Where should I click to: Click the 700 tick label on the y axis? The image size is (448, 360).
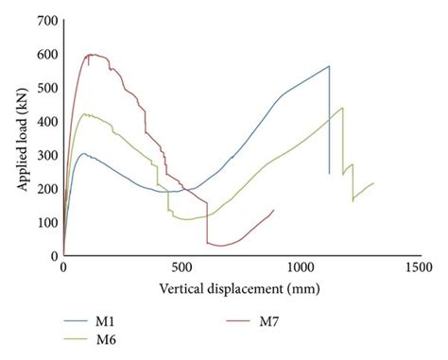click(48, 21)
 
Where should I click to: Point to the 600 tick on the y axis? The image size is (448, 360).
click(48, 54)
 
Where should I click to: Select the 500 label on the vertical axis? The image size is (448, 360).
click(48, 88)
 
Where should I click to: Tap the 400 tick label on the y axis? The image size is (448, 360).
click(48, 121)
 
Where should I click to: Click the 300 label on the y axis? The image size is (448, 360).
click(48, 155)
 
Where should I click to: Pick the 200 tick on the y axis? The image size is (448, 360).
click(48, 188)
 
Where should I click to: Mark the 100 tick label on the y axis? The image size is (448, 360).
click(48, 222)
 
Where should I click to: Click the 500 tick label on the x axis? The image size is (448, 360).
click(181, 267)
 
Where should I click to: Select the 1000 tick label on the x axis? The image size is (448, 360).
click(300, 267)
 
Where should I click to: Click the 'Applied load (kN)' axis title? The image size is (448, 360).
click(20, 137)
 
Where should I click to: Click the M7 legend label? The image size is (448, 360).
click(270, 321)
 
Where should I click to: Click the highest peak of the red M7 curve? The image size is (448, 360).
click(92, 54)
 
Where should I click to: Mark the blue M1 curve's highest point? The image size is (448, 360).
click(329, 66)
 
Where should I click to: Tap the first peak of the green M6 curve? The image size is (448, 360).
click(87, 114)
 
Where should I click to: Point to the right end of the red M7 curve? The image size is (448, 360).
click(274, 210)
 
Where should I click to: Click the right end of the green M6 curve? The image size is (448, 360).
click(373, 183)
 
